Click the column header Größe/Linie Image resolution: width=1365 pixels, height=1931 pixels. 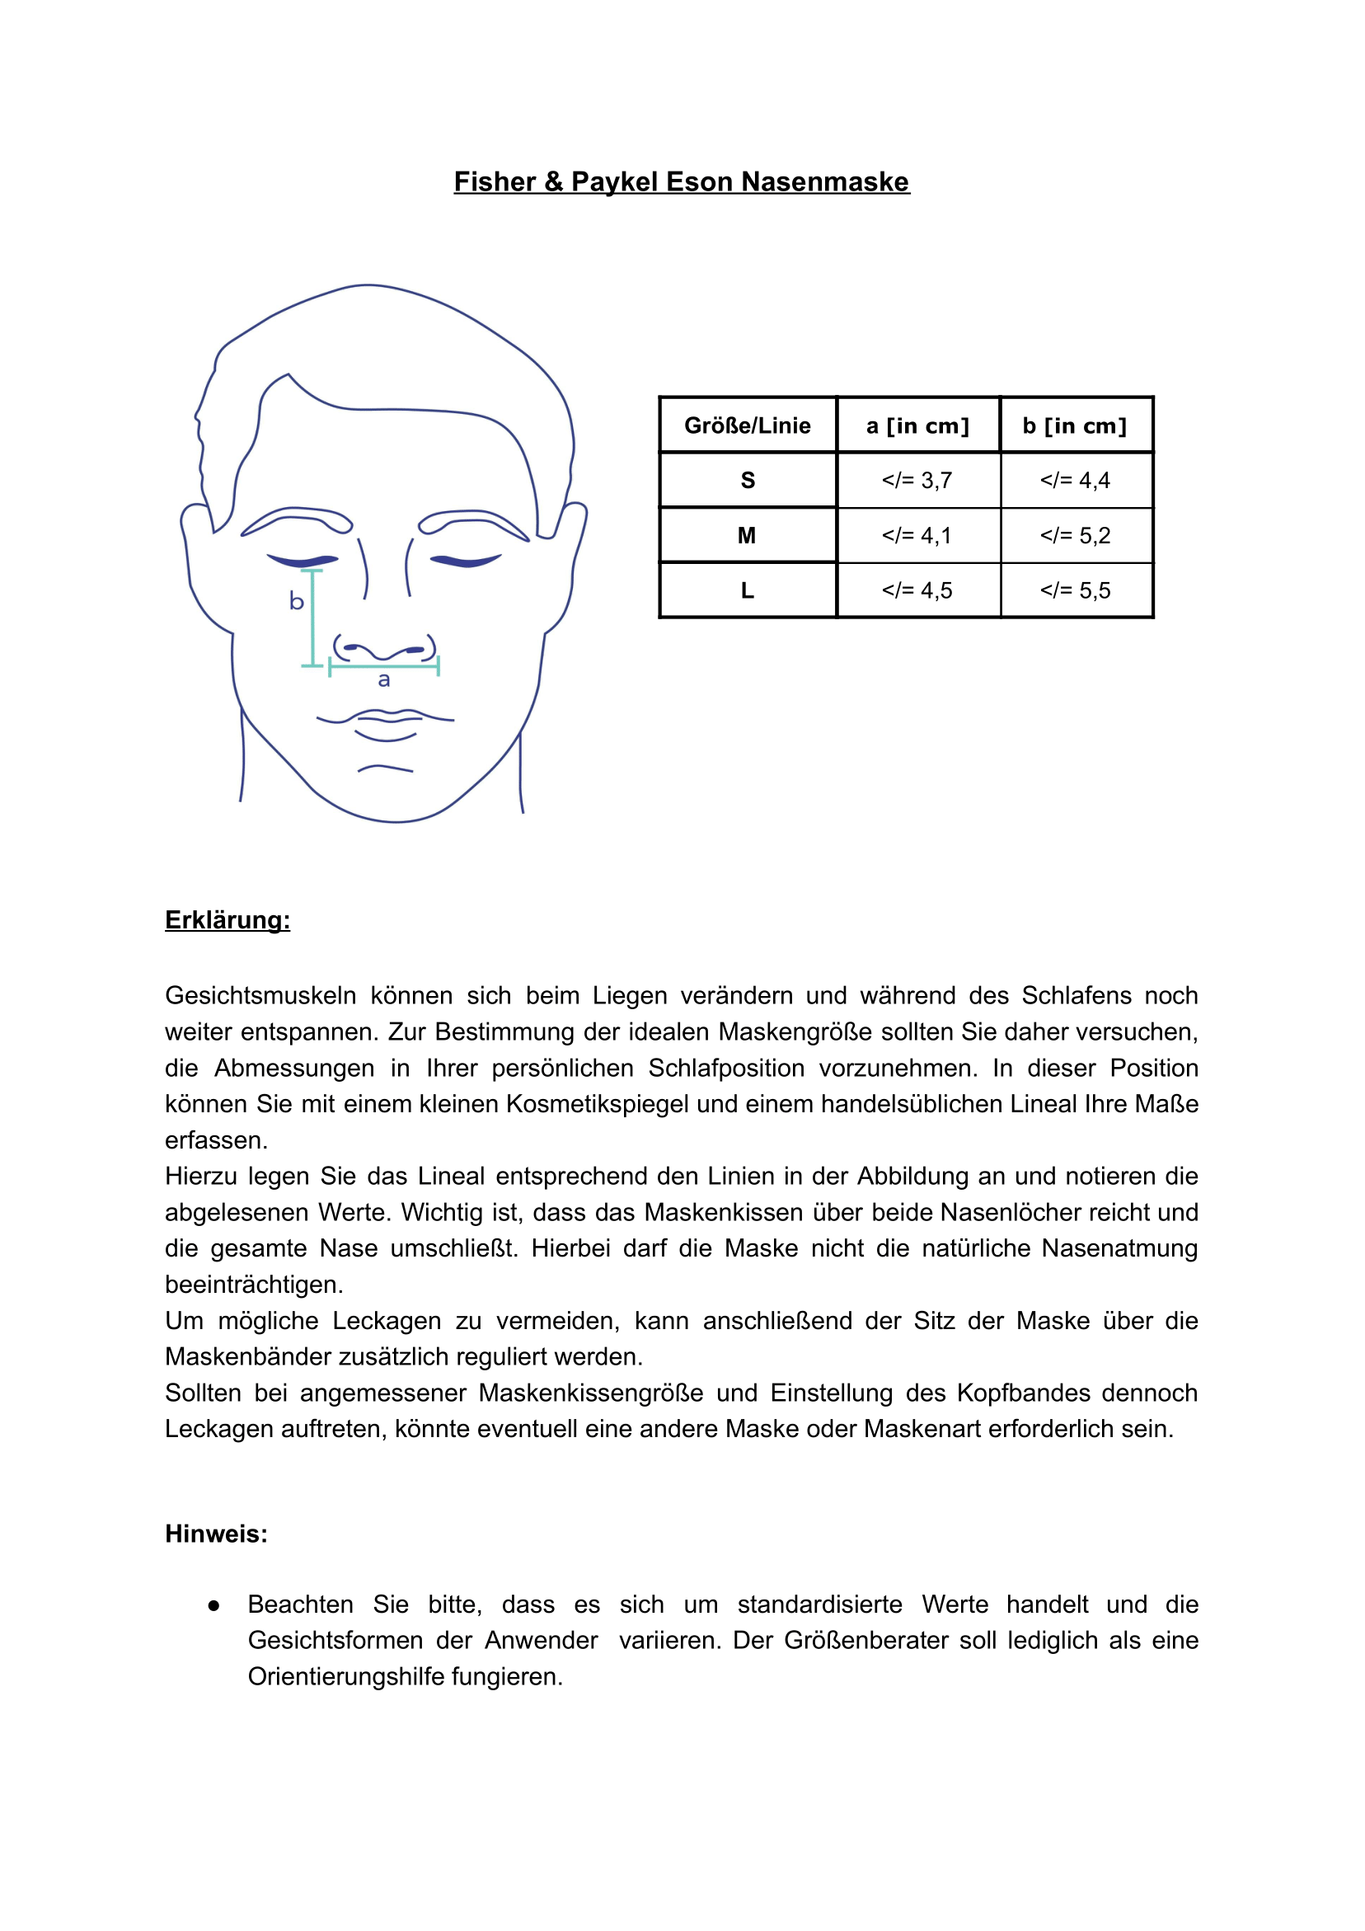coord(747,425)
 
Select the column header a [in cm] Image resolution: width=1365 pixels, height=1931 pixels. coord(917,425)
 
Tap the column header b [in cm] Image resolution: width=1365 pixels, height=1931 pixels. coord(1074,425)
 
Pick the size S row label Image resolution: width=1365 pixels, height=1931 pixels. coord(747,480)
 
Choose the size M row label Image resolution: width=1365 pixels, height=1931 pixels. coord(747,536)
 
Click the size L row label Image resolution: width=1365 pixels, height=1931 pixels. coord(747,590)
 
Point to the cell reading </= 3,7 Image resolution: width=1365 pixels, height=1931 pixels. coord(917,480)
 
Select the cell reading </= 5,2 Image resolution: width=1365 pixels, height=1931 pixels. coord(1075,536)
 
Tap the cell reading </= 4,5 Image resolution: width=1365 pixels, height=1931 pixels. coord(917,590)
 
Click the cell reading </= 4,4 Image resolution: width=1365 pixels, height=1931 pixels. coord(1075,480)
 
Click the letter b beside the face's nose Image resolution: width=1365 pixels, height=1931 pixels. coord(296,600)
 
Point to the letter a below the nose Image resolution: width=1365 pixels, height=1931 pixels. coord(384,679)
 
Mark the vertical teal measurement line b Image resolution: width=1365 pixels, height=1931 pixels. coord(313,618)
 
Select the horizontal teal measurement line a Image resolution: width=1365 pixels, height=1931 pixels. coord(383,667)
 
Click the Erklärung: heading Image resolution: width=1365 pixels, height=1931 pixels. coord(227,920)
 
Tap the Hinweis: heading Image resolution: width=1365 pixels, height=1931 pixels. coord(216,1534)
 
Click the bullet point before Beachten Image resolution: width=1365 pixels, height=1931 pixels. coord(213,1605)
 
